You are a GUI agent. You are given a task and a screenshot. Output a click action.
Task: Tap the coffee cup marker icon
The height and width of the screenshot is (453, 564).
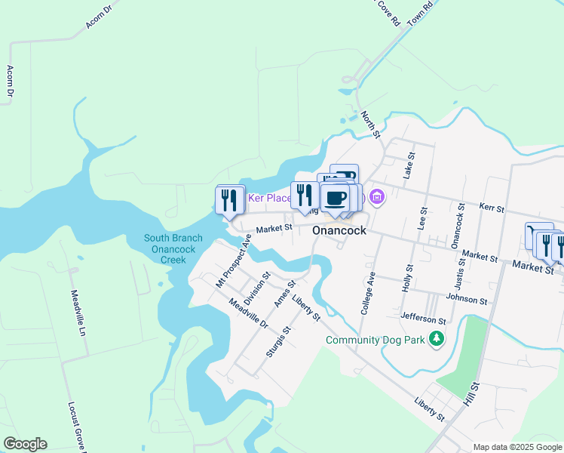click(x=336, y=199)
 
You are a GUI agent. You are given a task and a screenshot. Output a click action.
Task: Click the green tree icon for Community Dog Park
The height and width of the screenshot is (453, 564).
click(x=436, y=340)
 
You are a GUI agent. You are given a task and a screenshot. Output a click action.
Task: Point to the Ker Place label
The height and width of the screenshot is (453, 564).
click(x=270, y=199)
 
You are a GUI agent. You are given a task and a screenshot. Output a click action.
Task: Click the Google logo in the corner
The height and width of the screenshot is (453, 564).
click(x=25, y=444)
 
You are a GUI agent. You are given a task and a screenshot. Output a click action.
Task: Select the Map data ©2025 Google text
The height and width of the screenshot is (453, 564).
click(x=517, y=447)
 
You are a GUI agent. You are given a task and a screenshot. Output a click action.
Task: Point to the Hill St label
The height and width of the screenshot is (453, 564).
click(x=474, y=396)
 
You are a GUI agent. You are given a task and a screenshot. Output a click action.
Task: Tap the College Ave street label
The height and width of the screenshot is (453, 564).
click(x=369, y=293)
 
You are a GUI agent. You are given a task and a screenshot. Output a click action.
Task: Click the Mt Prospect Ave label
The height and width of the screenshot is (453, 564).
click(x=233, y=260)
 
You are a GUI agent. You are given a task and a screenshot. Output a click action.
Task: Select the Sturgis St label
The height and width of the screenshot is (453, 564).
click(x=278, y=341)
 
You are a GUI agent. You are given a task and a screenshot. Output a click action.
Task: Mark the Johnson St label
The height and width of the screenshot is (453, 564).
click(x=467, y=299)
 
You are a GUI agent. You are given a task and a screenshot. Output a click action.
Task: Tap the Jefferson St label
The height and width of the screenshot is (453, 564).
click(x=424, y=319)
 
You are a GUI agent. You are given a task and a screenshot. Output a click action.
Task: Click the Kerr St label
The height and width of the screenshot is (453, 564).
click(x=492, y=207)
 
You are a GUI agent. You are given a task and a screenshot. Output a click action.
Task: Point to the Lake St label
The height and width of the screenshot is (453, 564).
click(x=409, y=165)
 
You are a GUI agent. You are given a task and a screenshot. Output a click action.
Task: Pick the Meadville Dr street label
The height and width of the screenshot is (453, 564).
click(x=249, y=313)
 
